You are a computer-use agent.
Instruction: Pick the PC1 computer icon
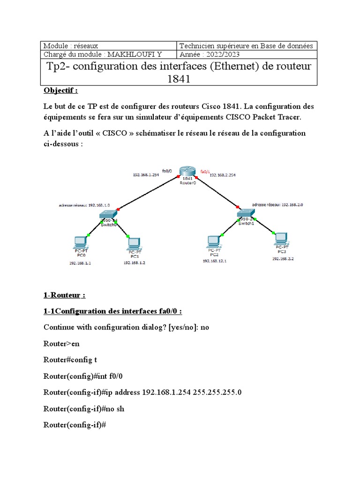[134, 244]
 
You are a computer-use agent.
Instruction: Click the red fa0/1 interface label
[204, 171]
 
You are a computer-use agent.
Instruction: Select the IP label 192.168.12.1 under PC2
[214, 261]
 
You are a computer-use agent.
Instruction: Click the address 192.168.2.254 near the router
[222, 175]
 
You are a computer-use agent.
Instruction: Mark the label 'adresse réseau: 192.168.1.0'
[84, 205]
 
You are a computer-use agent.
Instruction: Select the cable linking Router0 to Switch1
[213, 192]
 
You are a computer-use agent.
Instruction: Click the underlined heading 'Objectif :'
[60, 90]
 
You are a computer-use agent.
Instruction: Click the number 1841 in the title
[179, 79]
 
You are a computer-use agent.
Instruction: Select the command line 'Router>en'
[61, 344]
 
